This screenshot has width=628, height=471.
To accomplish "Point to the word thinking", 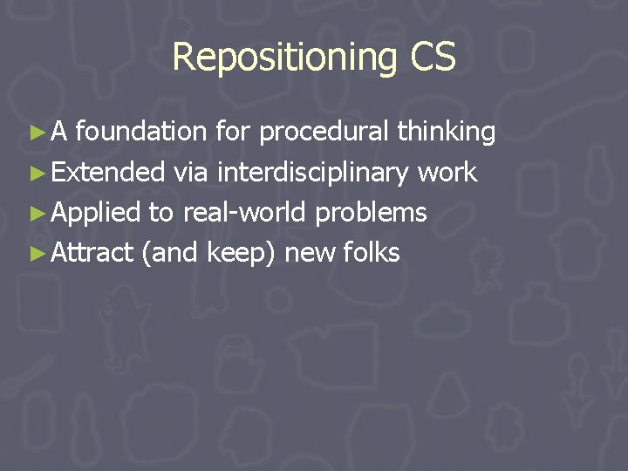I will (447, 132).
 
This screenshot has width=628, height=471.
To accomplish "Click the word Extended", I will (109, 173).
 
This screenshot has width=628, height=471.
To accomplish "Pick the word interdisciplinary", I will (313, 173).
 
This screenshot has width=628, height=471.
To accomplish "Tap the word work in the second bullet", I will (447, 173).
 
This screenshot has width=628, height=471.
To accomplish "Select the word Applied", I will (96, 213).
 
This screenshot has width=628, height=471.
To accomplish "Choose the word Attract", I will (92, 253).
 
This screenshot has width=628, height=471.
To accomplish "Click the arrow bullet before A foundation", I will (36, 133).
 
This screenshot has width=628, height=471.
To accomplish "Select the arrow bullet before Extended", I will (36, 173).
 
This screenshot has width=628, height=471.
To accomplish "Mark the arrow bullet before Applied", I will (36, 213).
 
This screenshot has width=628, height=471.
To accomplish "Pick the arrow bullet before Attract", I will (36, 253).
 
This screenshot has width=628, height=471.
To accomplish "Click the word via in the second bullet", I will (190, 173).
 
